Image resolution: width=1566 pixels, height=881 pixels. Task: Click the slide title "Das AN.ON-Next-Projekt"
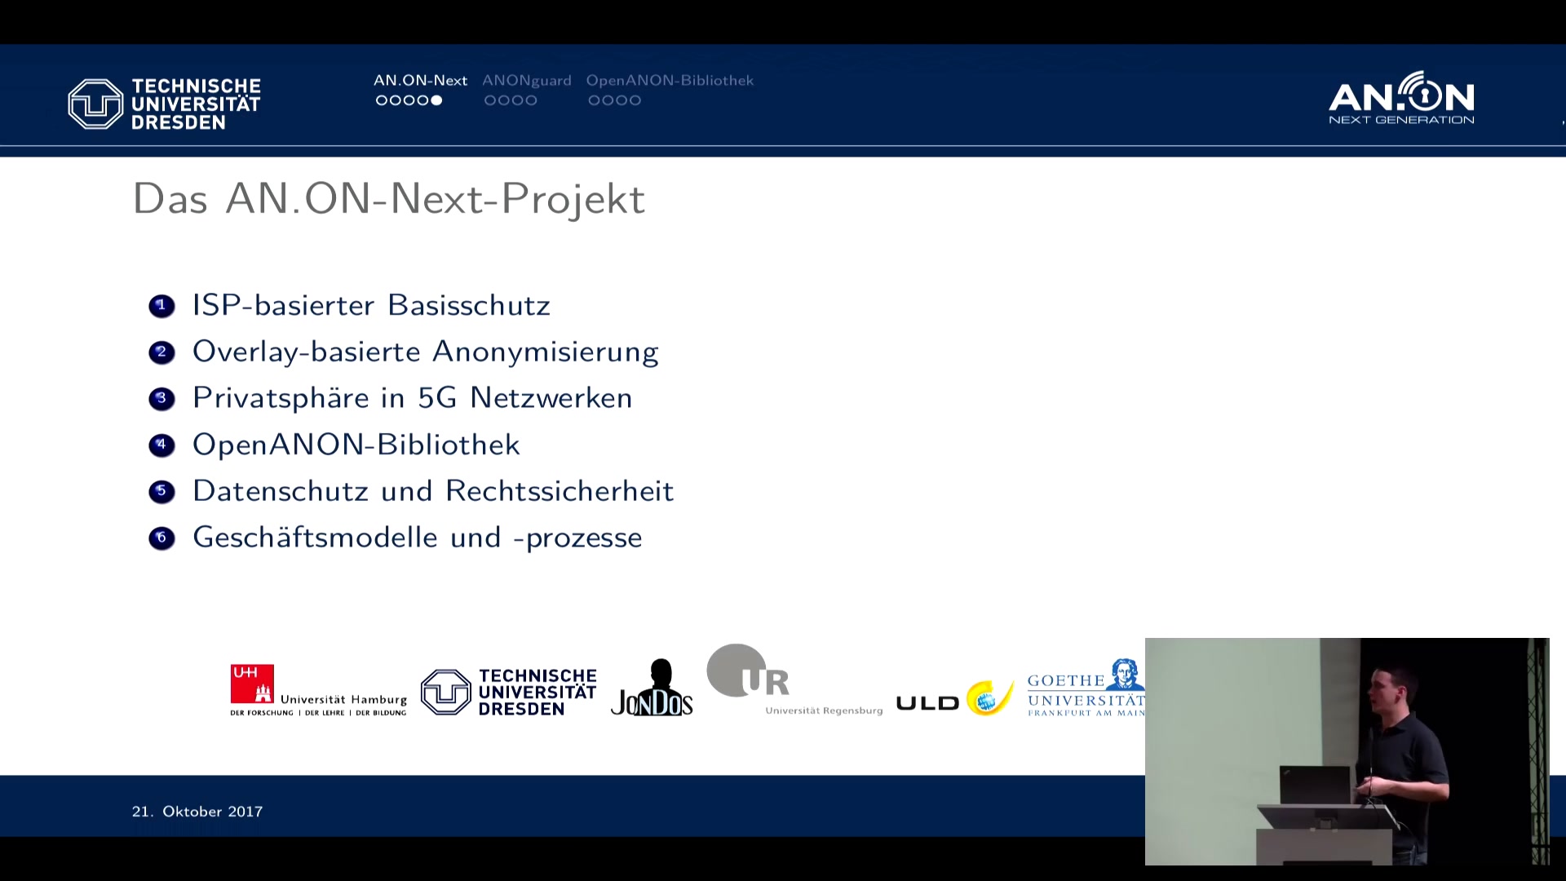click(x=388, y=198)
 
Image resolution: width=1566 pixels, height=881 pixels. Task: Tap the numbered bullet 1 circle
click(x=161, y=306)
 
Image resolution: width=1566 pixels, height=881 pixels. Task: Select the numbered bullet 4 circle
click(x=161, y=445)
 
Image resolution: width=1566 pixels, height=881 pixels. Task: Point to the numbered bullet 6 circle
click(x=161, y=538)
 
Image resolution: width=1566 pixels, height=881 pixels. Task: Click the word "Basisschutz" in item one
click(x=469, y=305)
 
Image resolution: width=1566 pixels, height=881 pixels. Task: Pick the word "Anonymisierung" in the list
click(x=545, y=352)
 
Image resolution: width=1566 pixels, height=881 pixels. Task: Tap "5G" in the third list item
click(x=437, y=398)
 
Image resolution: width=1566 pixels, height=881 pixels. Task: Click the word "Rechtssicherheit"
click(x=560, y=491)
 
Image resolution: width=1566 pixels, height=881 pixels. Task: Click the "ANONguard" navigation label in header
click(x=527, y=81)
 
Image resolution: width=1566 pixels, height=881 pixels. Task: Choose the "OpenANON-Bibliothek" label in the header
click(x=670, y=81)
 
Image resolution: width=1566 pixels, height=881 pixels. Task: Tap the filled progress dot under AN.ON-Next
click(x=436, y=100)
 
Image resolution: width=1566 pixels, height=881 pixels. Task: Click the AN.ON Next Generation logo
click(x=1401, y=98)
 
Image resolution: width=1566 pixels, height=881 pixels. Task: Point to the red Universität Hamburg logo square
click(x=252, y=684)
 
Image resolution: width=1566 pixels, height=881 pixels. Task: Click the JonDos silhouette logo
click(x=652, y=688)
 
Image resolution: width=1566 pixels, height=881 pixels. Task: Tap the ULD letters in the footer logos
click(x=927, y=703)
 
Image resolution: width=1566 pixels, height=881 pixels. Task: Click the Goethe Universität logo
click(x=1086, y=688)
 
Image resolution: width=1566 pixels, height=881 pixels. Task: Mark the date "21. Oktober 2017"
click(x=197, y=812)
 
